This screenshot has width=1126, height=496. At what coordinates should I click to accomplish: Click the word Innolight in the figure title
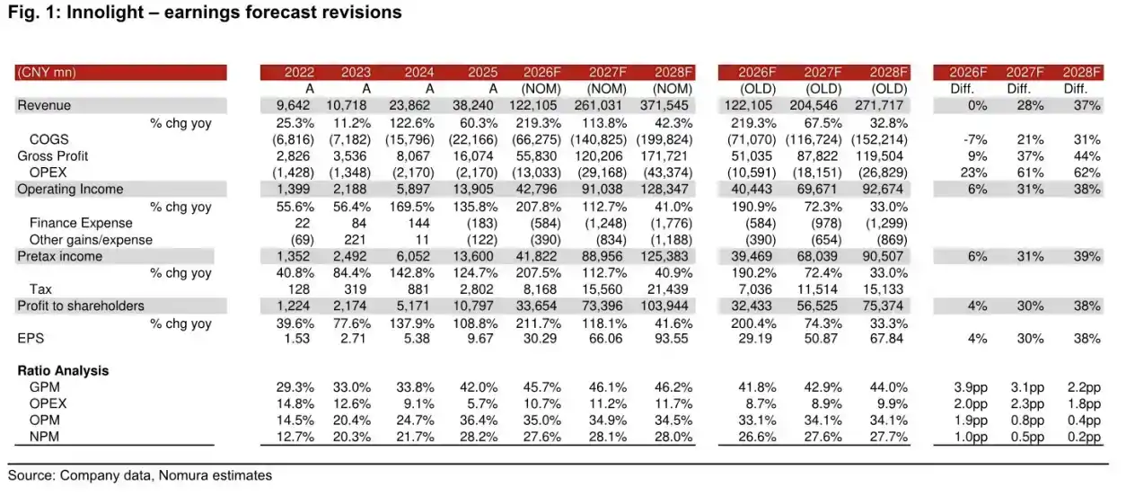(x=105, y=12)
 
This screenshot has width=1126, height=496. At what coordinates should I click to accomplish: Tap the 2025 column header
(x=482, y=73)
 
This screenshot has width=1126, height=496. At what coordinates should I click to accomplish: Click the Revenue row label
(x=44, y=105)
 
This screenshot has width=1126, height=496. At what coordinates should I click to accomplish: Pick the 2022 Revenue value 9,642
(x=293, y=105)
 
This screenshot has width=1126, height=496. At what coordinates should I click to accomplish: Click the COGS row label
(x=48, y=139)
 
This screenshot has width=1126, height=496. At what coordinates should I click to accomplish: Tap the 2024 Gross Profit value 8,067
(x=413, y=156)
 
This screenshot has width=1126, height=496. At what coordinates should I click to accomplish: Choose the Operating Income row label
(x=70, y=189)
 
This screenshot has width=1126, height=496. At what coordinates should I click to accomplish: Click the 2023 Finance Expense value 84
(x=358, y=223)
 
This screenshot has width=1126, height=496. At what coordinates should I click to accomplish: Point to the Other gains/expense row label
(x=91, y=240)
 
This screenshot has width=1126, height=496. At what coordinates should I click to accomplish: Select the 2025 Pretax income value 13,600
(x=473, y=256)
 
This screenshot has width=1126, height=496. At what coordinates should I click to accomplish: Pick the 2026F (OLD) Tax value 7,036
(x=755, y=289)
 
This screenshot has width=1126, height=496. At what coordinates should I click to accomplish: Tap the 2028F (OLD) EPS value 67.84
(x=887, y=339)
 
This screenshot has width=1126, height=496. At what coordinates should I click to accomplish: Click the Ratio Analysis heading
(x=64, y=371)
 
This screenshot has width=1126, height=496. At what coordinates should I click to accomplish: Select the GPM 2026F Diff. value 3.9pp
(x=971, y=387)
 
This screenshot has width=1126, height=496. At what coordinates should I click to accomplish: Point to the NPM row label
(x=44, y=437)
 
